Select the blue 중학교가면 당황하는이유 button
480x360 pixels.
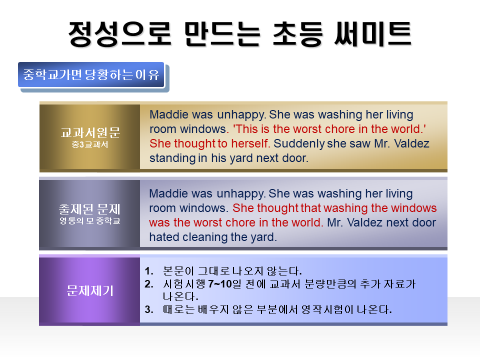[x=91, y=74]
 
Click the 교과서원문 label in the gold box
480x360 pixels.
[x=90, y=132]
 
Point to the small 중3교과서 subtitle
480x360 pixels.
[x=90, y=144]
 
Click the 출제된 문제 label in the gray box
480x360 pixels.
[x=89, y=209]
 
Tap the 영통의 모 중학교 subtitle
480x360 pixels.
[x=89, y=220]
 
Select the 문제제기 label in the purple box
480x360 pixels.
[x=90, y=290]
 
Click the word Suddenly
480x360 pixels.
[x=299, y=144]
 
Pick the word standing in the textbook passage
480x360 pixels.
[x=172, y=158]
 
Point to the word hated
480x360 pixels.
[x=164, y=237]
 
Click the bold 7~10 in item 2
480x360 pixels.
[x=220, y=284]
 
